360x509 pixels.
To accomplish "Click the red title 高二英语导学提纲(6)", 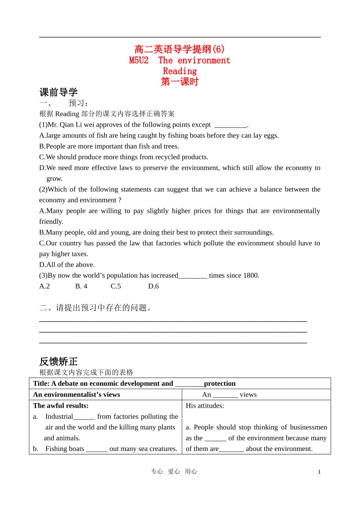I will [x=179, y=49].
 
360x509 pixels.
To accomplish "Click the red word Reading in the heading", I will [x=180, y=71].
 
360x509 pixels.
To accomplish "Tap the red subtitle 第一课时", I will [x=180, y=82].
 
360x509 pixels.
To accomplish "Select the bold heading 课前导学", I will [x=58, y=92].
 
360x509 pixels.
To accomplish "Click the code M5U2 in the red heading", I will [x=139, y=60].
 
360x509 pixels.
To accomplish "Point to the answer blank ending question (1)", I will [x=230, y=125].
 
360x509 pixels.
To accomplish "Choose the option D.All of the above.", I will [x=67, y=265].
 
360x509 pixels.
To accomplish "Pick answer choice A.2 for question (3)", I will [x=44, y=286].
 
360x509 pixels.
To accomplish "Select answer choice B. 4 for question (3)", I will [x=81, y=286].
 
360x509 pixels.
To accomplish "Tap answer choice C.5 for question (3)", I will [x=116, y=286].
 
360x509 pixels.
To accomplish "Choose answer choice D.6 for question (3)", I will [x=153, y=286].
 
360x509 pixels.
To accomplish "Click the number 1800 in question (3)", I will [x=250, y=275].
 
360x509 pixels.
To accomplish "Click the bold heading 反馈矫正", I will [x=58, y=361].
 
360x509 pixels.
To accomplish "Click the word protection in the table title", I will [x=220, y=383].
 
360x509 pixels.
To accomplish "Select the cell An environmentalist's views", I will [x=77, y=394].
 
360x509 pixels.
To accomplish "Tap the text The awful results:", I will [x=61, y=405].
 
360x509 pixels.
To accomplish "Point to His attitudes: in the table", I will [x=205, y=405].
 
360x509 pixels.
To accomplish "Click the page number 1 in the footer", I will [x=319, y=472].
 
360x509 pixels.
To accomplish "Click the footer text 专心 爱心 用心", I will [x=174, y=471].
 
